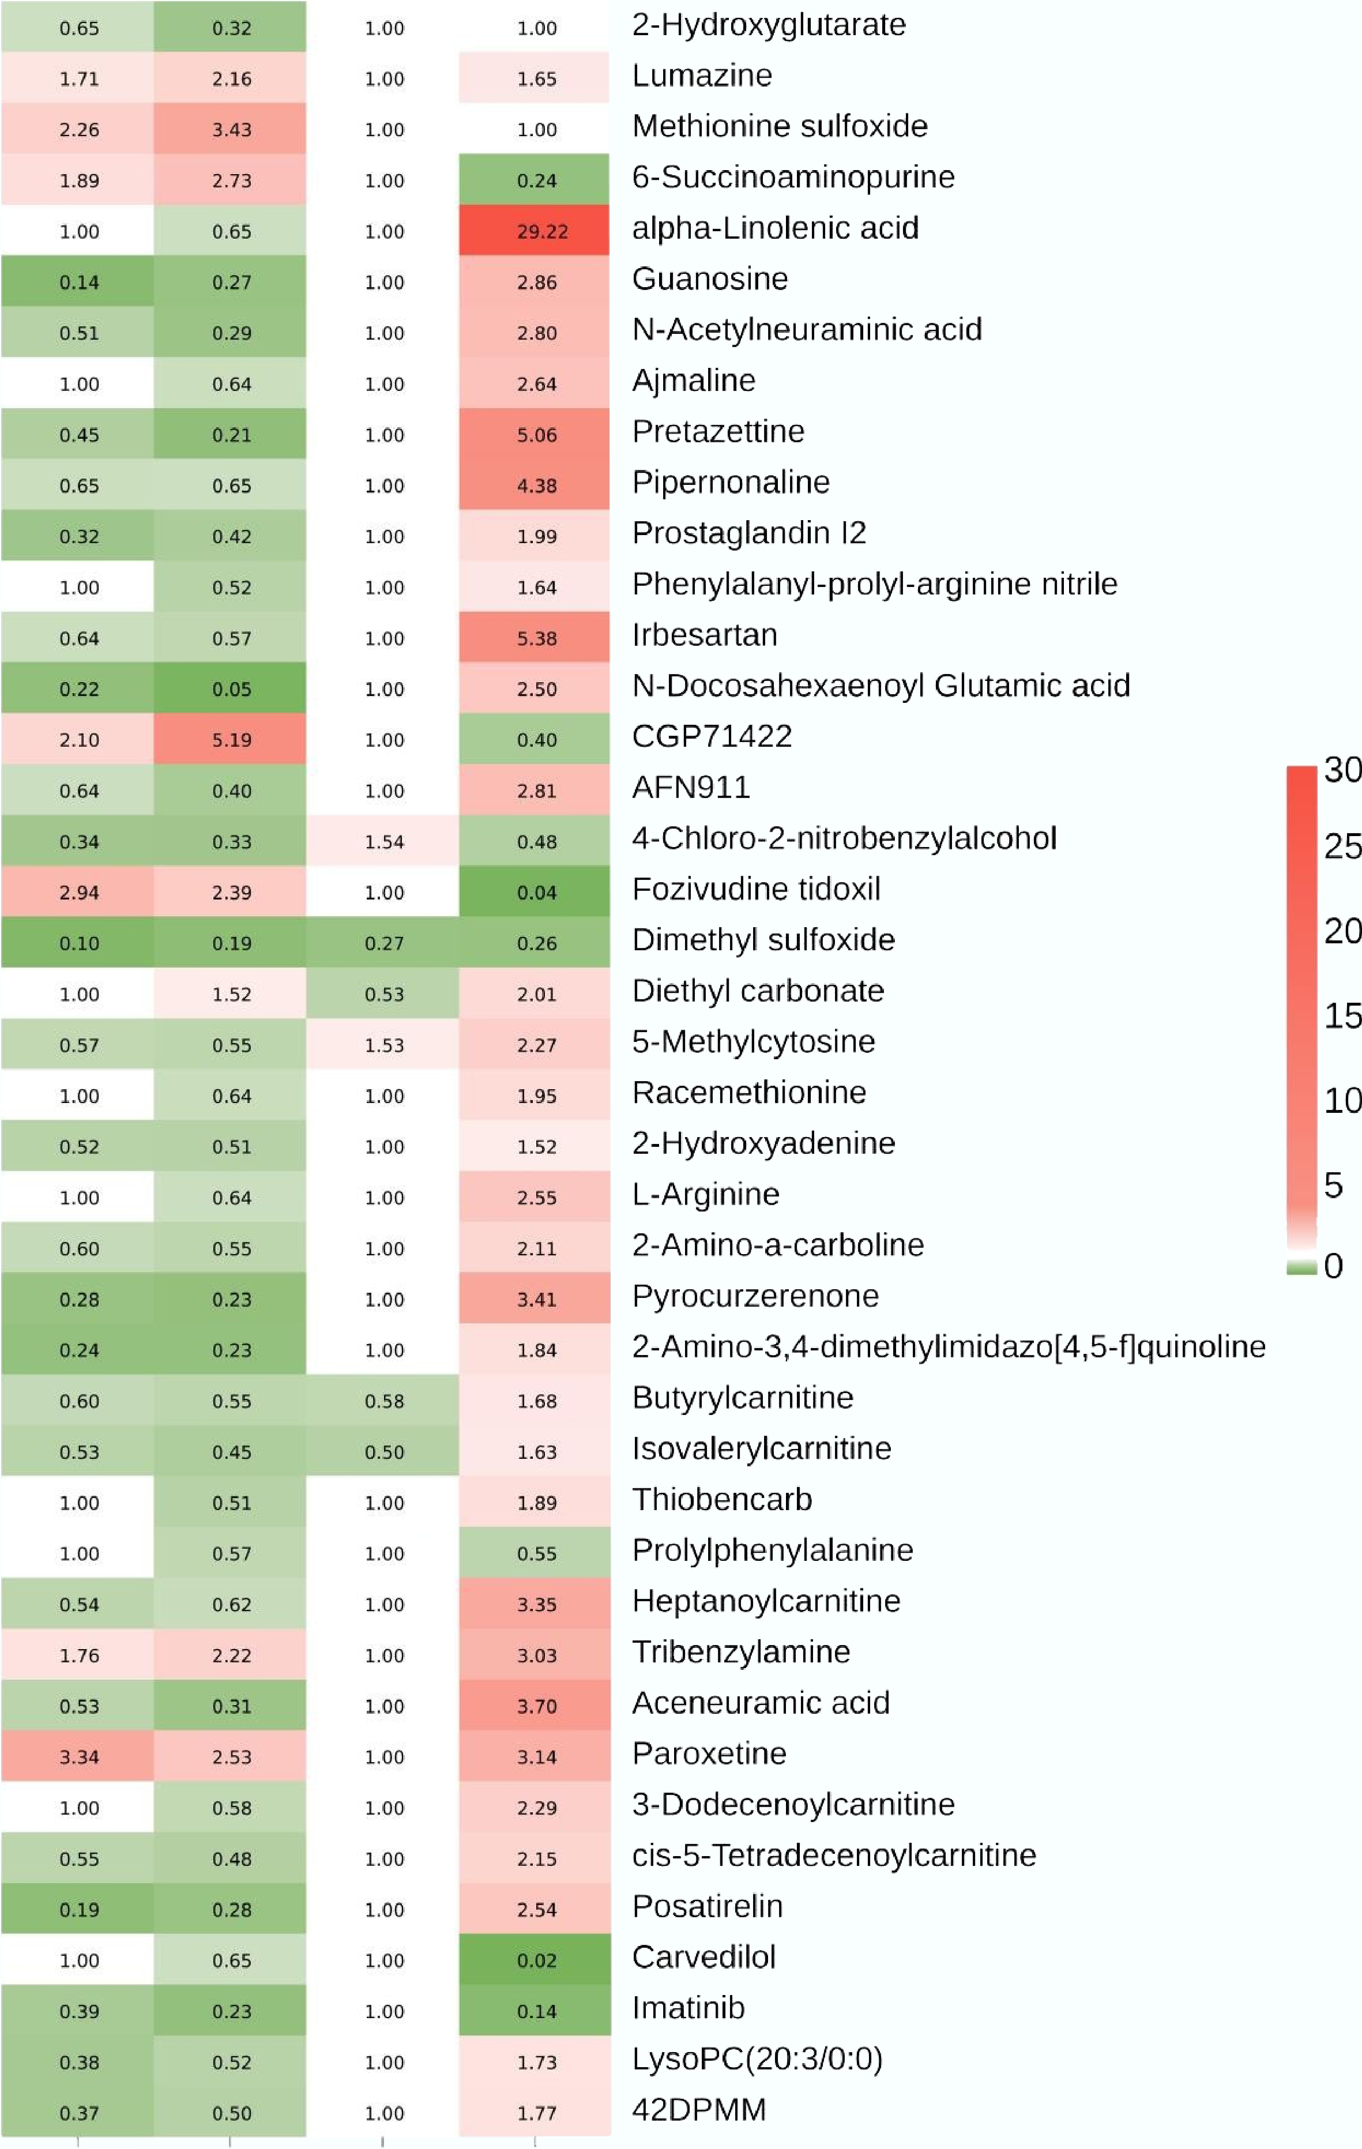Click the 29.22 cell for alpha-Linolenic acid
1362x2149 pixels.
click(536, 231)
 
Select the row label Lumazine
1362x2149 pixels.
click(702, 76)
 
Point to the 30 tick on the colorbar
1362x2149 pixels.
click(1341, 769)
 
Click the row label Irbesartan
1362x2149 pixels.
click(704, 634)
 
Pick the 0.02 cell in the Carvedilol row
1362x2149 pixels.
click(536, 1960)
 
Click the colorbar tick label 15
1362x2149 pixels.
click(1341, 1015)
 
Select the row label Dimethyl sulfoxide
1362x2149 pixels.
click(763, 940)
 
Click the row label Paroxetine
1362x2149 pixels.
click(709, 1753)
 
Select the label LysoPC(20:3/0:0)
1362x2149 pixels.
click(757, 2059)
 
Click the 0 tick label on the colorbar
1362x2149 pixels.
click(1333, 1266)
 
